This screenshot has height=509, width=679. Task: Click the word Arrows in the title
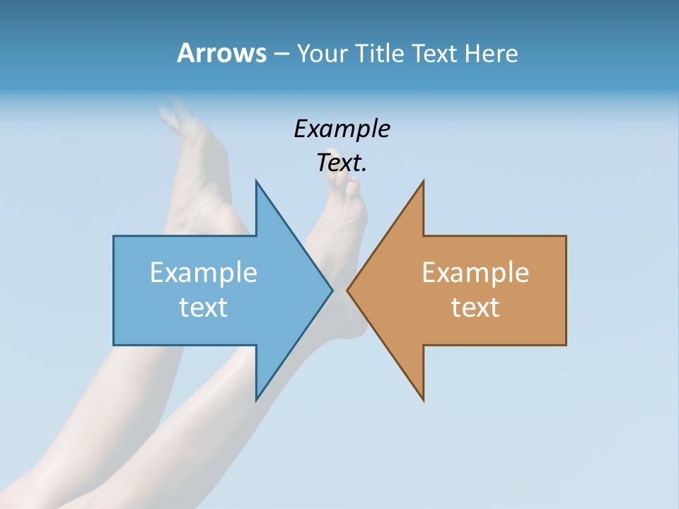coord(221,53)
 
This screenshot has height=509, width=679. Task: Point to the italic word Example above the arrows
coord(342,129)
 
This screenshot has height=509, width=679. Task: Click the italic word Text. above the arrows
coord(342,163)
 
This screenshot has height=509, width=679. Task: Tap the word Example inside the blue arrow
coord(204,272)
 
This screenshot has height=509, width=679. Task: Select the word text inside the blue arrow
coord(204,307)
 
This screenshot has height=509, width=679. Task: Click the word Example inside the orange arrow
coord(475,272)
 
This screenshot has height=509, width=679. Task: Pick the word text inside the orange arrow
coord(475,307)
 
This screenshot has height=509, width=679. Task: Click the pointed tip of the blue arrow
coord(332,290)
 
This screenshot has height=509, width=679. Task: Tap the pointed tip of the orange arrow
coord(348,290)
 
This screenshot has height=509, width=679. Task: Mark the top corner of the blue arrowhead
coord(256,182)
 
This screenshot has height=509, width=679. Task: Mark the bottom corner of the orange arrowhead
coord(423,399)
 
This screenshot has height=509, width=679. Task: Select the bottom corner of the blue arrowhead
coord(256,399)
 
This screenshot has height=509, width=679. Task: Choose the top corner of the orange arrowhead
coord(423,182)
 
